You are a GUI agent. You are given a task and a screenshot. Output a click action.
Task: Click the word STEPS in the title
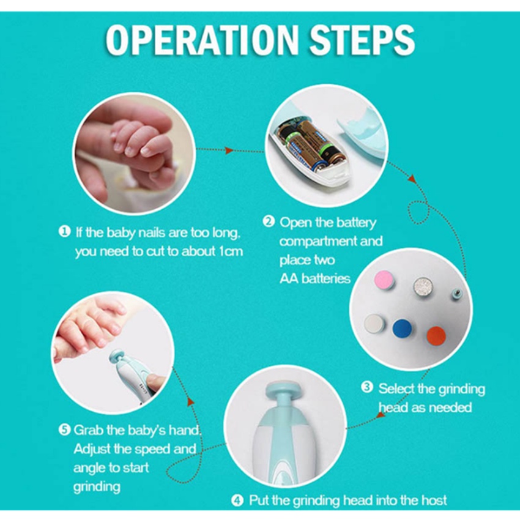362,40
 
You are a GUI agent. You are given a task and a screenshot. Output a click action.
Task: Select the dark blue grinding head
402,328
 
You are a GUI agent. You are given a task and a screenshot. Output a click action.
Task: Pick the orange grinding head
436,336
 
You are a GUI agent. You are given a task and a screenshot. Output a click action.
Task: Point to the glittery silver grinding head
423,286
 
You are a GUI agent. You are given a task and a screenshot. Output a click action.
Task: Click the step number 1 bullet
65,231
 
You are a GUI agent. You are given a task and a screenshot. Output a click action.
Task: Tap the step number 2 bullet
269,221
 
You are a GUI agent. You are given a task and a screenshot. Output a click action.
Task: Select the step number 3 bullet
367,387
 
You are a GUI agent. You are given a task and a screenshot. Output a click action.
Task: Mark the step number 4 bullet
237,500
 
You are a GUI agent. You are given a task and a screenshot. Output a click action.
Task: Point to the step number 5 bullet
64,430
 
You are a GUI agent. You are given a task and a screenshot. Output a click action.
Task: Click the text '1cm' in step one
231,251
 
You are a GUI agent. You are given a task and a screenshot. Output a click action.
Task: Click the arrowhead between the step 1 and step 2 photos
229,150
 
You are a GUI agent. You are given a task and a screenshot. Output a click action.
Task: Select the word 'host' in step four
434,500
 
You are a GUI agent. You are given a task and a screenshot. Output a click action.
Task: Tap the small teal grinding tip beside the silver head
458,293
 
